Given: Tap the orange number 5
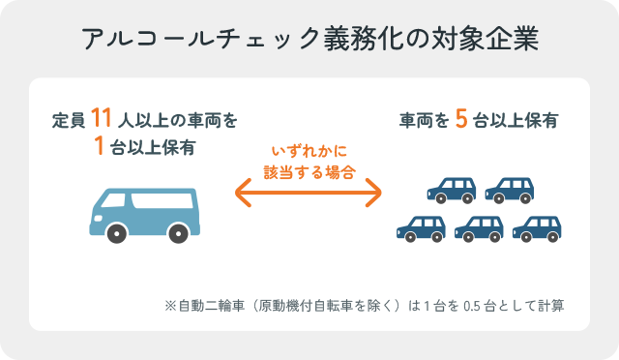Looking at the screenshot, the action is [x=461, y=120].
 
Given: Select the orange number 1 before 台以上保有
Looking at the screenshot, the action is [x=99, y=147].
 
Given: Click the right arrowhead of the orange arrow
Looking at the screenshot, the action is [x=376, y=194].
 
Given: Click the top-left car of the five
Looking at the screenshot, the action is [x=451, y=189].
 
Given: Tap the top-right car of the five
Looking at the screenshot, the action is [x=510, y=189].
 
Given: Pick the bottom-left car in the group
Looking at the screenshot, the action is [x=421, y=227].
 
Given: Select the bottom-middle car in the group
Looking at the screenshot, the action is [x=479, y=227].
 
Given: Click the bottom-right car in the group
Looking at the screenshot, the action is [x=537, y=227].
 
